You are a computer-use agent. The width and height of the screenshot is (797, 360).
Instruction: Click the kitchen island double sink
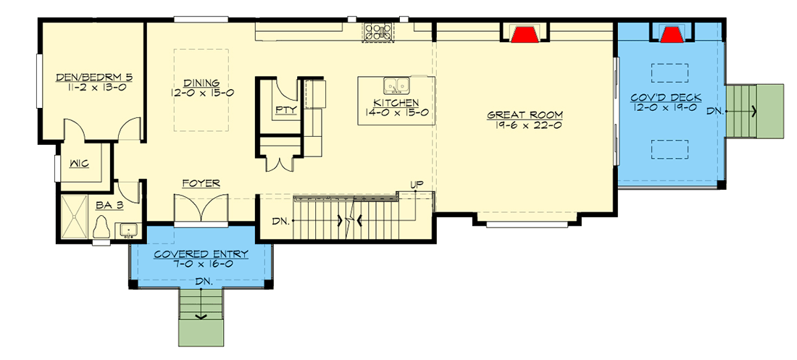click(396, 85)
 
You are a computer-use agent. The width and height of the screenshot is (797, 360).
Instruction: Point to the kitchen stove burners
click(379, 31)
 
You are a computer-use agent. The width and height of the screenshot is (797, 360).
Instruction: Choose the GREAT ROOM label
click(525, 115)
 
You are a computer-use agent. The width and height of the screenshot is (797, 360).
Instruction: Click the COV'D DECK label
click(665, 97)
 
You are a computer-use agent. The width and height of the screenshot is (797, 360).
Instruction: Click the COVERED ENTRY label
click(201, 254)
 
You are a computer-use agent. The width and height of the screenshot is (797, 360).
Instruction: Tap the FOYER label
click(201, 184)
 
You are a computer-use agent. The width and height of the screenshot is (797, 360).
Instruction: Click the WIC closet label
click(79, 164)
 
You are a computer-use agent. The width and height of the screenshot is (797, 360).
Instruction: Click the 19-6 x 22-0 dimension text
click(525, 126)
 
